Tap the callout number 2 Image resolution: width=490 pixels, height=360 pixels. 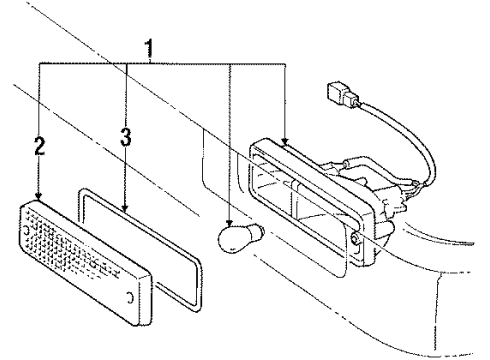tap(40, 147)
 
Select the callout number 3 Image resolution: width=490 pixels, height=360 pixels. tap(124, 138)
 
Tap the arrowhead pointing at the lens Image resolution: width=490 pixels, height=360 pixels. tap(40, 197)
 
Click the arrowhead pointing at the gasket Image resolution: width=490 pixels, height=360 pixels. tap(124, 208)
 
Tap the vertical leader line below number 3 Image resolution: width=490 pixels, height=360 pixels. tap(124, 180)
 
